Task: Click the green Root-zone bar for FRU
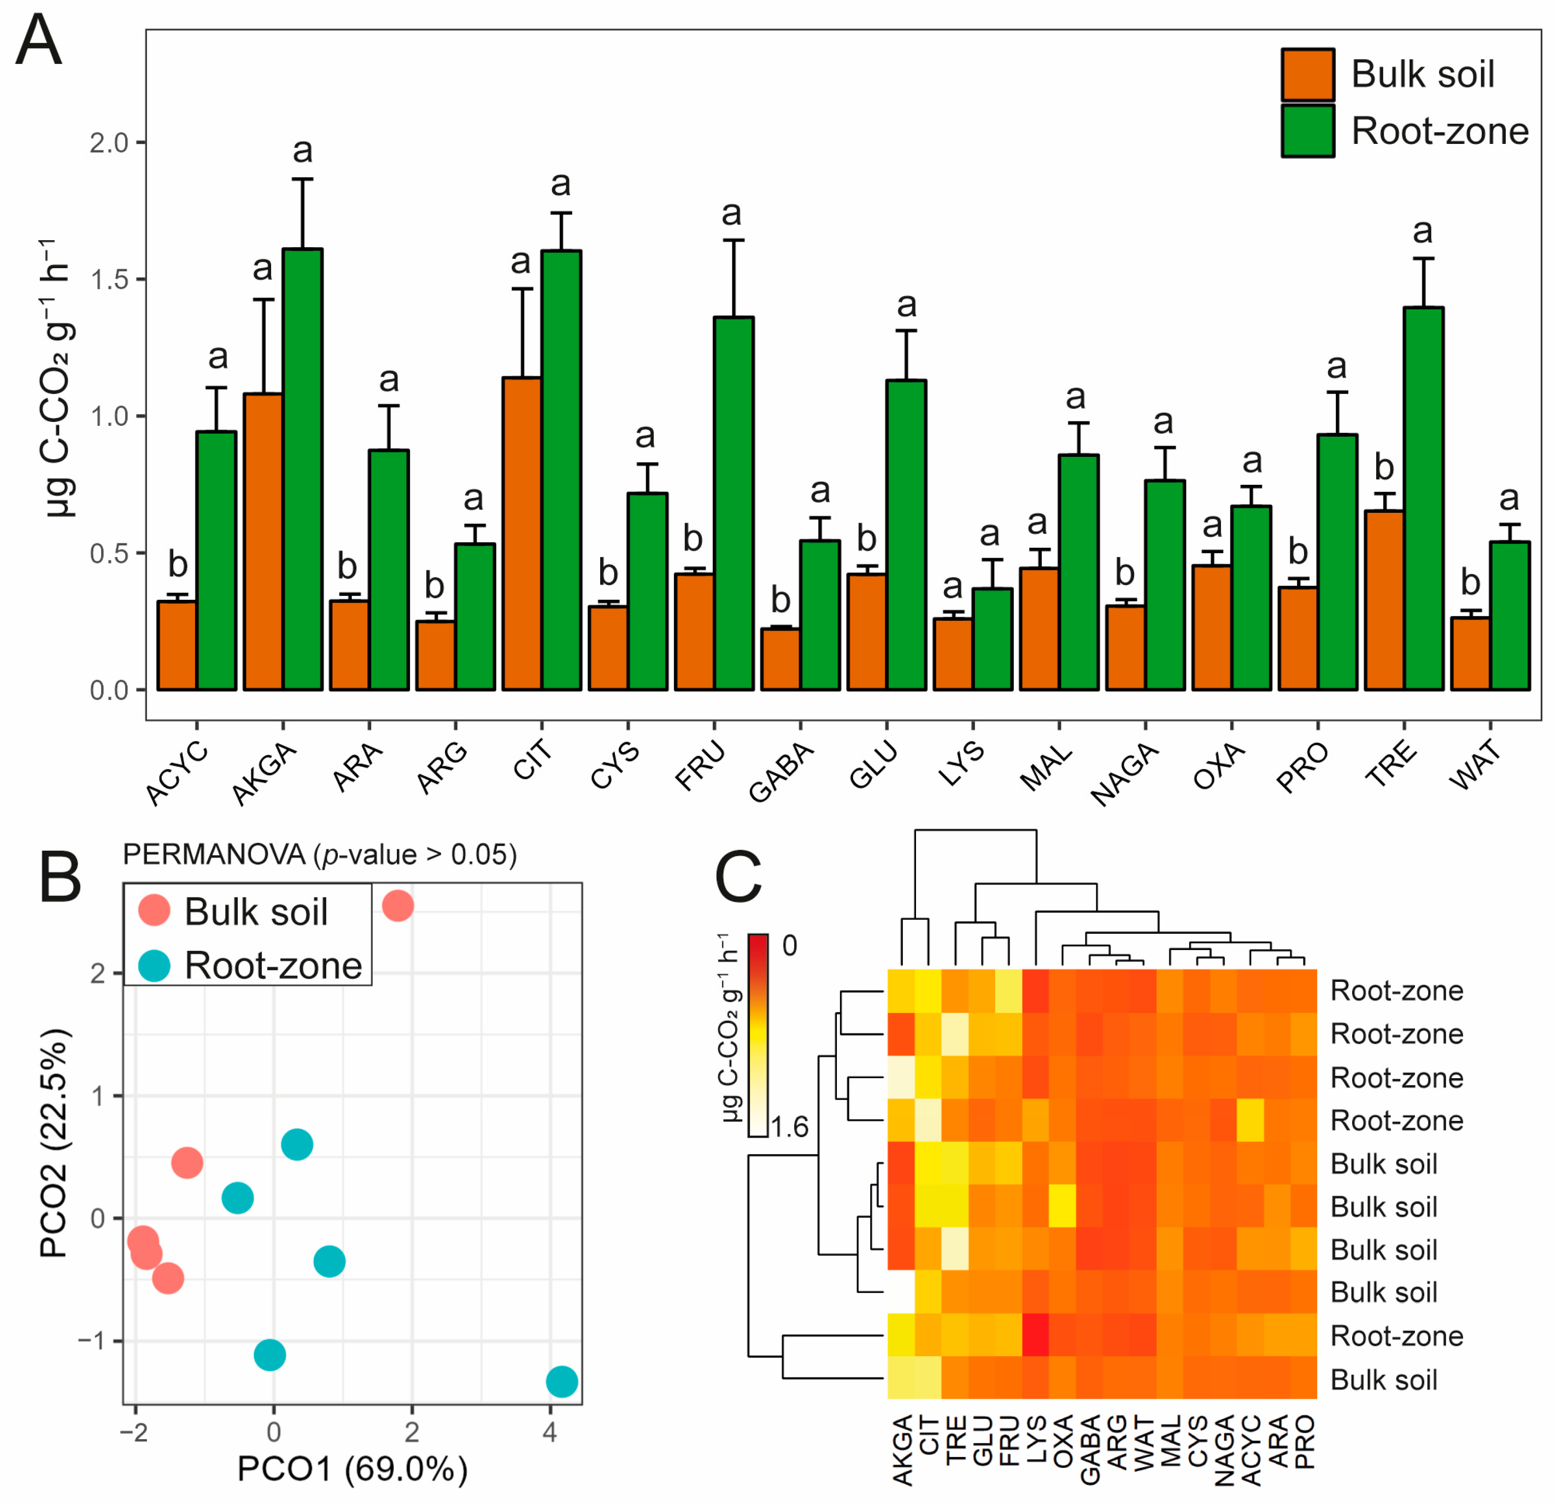coord(733,503)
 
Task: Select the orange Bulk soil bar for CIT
coord(522,533)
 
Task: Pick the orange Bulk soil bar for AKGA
coord(263,541)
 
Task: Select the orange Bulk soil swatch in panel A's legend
coord(1307,75)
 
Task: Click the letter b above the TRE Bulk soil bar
coord(1384,467)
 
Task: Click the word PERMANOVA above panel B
coord(214,855)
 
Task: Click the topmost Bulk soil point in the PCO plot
coord(397,905)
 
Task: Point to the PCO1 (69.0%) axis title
coord(352,1469)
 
